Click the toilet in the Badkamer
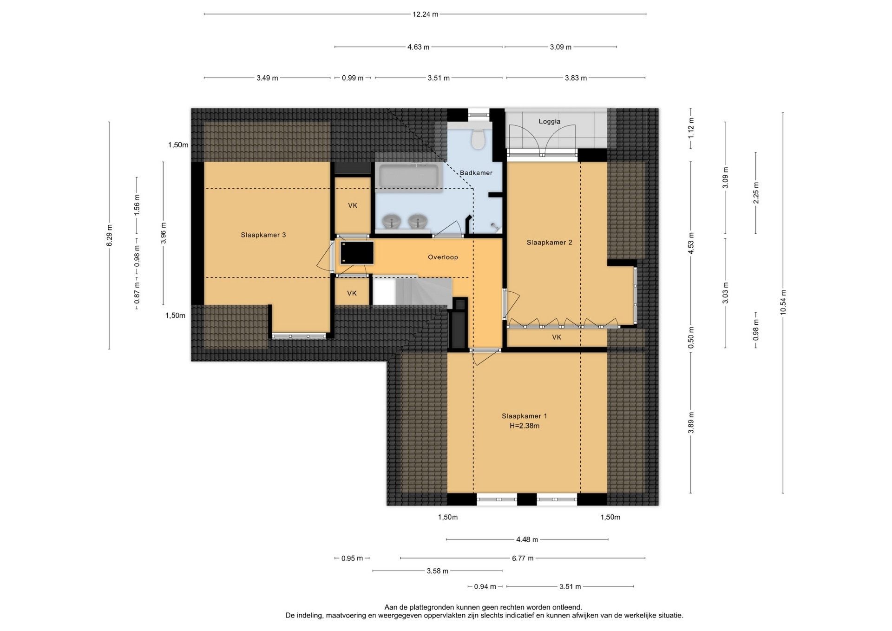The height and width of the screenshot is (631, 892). point(478,138)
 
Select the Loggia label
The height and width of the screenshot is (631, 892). point(550,122)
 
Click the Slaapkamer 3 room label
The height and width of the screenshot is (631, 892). point(263,235)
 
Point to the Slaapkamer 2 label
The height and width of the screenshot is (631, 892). point(549,243)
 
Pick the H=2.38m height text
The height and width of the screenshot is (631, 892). point(525,426)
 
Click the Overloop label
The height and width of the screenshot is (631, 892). point(443,257)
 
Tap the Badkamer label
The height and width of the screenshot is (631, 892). point(476,173)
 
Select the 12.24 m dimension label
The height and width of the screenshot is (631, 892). point(425,14)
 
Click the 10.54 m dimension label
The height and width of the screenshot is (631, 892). point(783,302)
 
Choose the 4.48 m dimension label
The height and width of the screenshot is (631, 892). point(527,539)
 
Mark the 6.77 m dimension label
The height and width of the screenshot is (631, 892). point(523,558)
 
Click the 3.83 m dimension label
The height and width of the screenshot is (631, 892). point(576,78)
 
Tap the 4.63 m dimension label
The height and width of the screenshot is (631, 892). point(418,47)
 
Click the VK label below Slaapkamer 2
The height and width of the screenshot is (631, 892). point(557,337)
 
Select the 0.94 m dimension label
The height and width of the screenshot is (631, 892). point(485,587)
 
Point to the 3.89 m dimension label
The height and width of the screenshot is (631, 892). point(691,423)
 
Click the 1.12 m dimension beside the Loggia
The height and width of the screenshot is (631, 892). point(691,128)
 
